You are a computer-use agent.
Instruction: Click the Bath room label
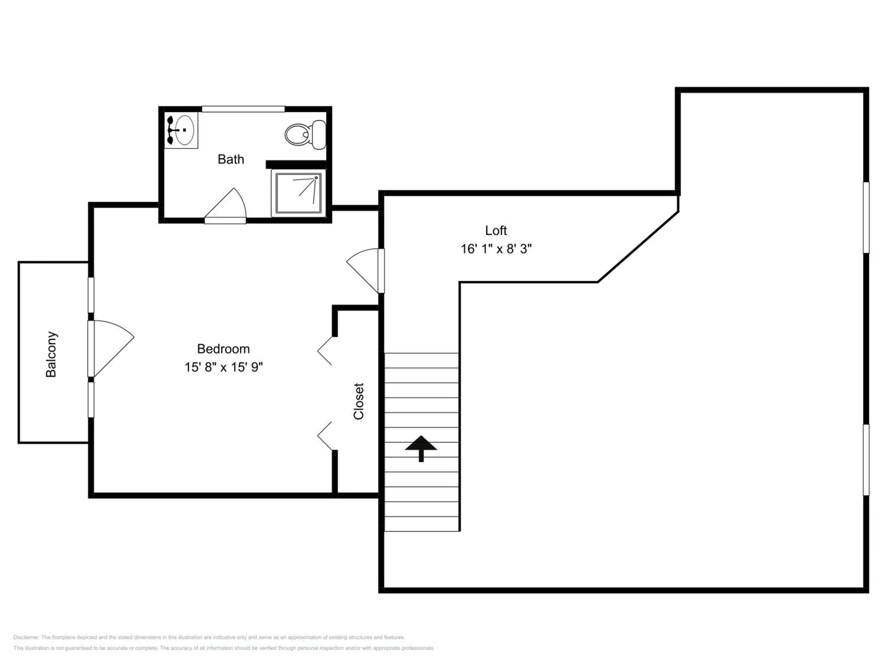click(x=231, y=159)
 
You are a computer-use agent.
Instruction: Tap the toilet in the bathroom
click(x=305, y=135)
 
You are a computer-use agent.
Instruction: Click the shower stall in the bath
click(x=298, y=193)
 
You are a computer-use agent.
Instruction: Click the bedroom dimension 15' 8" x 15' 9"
click(x=223, y=367)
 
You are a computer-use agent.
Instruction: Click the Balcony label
click(x=51, y=354)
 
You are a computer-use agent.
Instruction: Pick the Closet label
click(x=358, y=401)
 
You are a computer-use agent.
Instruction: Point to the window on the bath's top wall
click(x=243, y=109)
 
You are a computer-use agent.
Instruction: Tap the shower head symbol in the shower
click(x=316, y=178)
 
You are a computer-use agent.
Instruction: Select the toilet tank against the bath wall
click(x=319, y=135)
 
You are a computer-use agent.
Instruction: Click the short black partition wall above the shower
click(x=296, y=164)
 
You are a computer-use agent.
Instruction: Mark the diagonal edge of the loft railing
click(x=638, y=247)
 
